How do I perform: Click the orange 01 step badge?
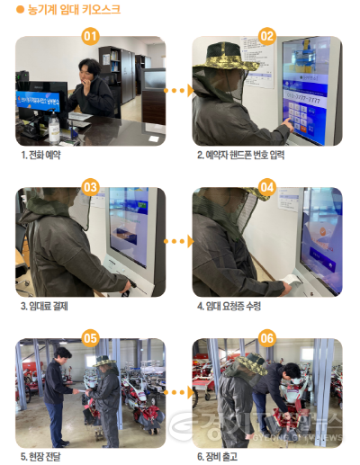coord(89,36)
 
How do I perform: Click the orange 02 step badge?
coord(266,36)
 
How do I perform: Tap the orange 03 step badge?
coord(89,187)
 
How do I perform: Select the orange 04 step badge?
coord(266,187)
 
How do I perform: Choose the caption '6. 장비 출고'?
coord(217,456)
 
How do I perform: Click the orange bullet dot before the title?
coord(20,10)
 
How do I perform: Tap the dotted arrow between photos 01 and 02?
coord(179,90)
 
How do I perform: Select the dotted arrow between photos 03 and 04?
coord(179,241)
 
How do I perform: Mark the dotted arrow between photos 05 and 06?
coord(179,391)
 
